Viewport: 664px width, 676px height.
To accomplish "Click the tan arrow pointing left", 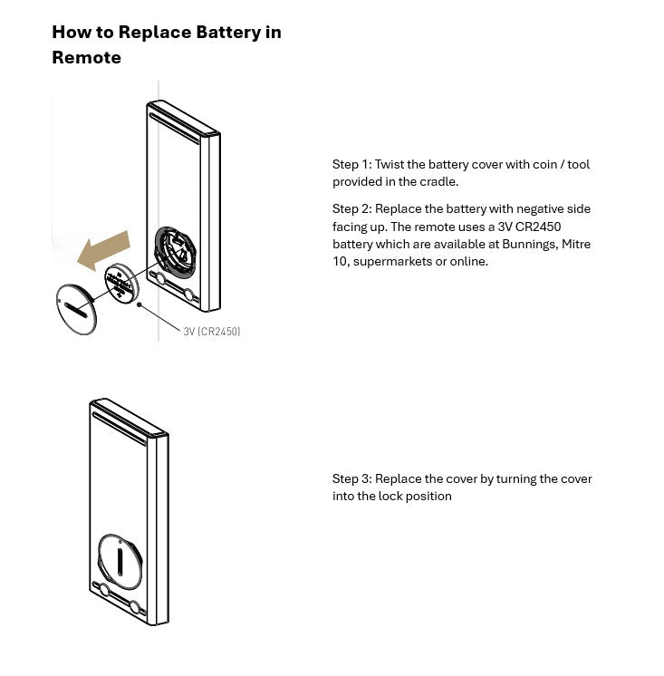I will point(104,250).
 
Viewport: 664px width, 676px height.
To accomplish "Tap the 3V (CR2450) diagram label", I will point(212,332).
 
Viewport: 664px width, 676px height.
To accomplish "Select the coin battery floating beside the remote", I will point(119,282).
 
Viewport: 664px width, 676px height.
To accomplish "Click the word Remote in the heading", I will point(86,57).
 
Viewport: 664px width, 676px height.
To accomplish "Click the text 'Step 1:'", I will point(351,165).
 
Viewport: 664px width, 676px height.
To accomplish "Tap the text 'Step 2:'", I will point(351,209).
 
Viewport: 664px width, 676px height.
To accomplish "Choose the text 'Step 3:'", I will point(351,478).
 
